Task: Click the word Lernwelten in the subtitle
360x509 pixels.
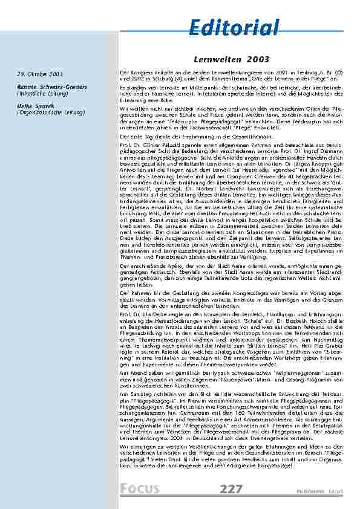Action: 213,60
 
